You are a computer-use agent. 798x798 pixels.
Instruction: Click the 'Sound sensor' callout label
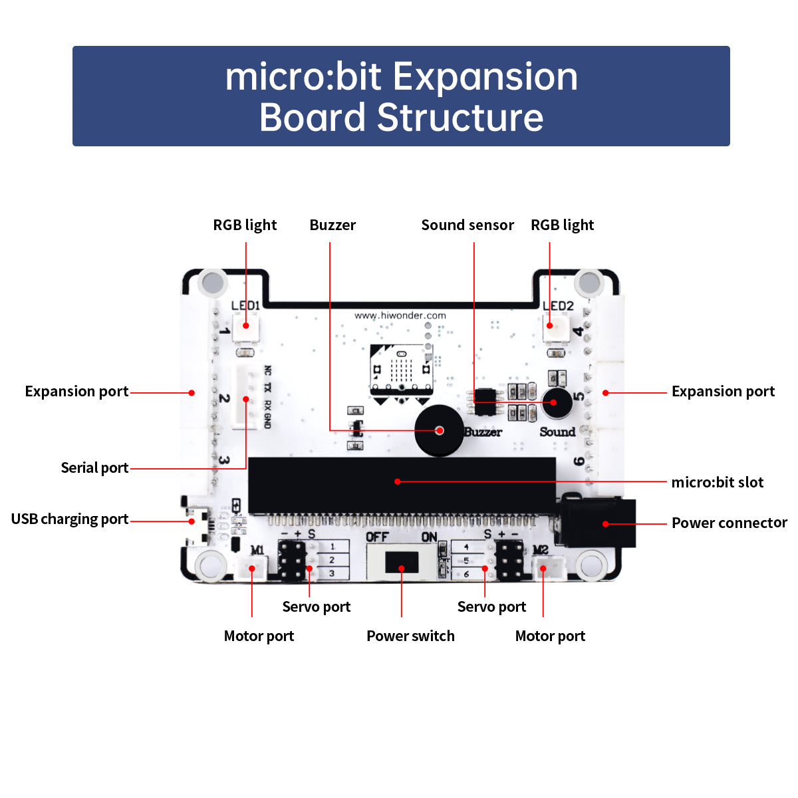point(467,225)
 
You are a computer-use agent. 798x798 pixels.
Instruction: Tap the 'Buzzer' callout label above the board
point(332,225)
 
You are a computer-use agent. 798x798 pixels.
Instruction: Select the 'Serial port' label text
point(94,467)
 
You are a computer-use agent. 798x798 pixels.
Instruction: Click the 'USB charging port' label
point(70,519)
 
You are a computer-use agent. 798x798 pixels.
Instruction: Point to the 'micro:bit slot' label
point(718,482)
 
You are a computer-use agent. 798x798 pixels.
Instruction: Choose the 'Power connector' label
point(729,523)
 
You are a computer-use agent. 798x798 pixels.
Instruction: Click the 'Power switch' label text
point(410,636)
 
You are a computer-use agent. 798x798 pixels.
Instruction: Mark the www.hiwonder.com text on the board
point(400,315)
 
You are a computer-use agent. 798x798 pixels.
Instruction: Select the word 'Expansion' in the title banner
point(489,76)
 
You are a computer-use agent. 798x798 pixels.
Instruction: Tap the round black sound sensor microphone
point(557,402)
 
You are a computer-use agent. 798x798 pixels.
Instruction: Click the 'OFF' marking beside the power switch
point(378,537)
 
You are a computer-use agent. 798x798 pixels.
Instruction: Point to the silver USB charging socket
point(196,521)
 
